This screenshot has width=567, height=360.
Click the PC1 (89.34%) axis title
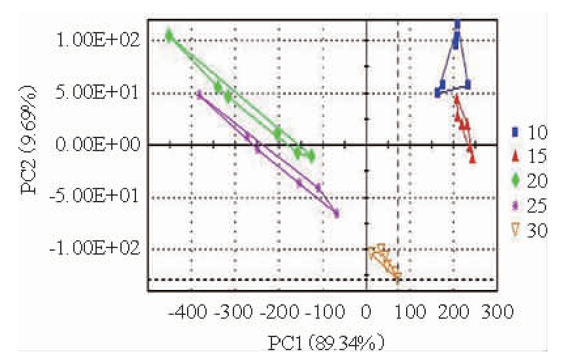pos(325,342)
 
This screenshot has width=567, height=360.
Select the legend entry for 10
pos(530,132)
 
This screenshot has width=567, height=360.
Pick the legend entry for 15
pos(530,156)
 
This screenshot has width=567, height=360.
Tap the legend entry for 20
pos(530,181)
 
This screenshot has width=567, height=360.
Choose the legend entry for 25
pos(530,206)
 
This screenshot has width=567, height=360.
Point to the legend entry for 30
pos(530,230)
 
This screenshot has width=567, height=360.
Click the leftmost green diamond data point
pos(170,35)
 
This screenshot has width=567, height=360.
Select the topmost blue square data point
pos(457,24)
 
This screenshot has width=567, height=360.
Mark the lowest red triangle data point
pos(472,158)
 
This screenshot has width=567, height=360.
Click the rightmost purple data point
pos(336,213)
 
